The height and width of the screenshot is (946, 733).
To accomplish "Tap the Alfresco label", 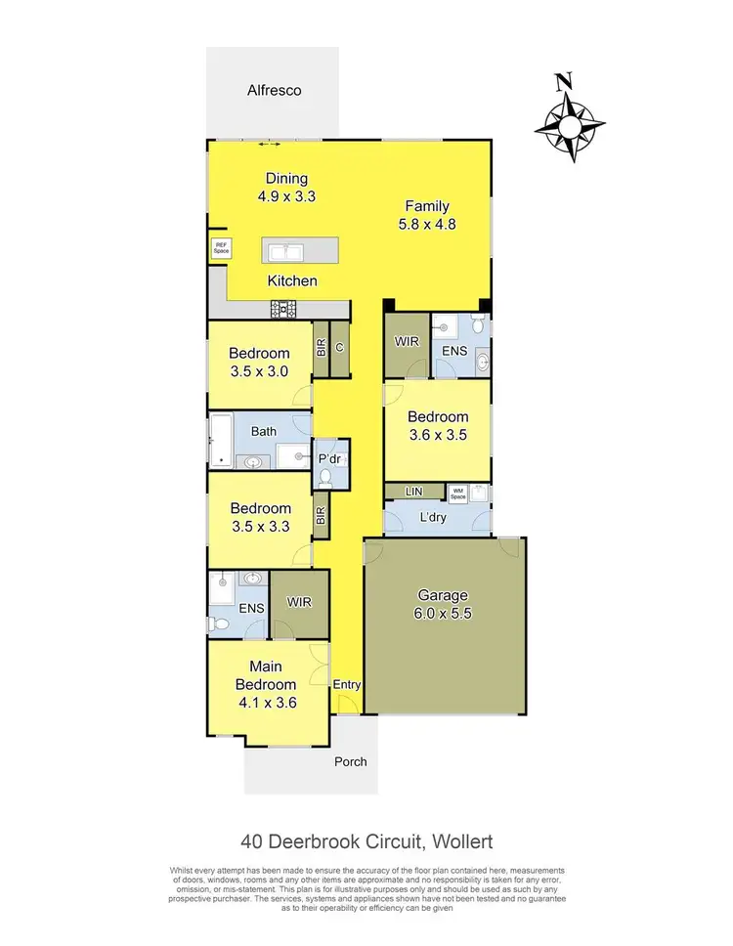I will click(x=274, y=90).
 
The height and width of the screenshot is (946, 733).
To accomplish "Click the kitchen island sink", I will click(x=290, y=251).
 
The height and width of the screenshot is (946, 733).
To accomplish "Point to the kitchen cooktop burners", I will click(x=283, y=310).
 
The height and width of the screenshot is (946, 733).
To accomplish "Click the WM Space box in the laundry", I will click(x=457, y=492).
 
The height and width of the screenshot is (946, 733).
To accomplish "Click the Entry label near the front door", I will click(x=347, y=685).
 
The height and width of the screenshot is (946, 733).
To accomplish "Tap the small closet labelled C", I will click(x=339, y=348).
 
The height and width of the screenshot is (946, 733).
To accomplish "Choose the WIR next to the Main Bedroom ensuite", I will click(x=297, y=602).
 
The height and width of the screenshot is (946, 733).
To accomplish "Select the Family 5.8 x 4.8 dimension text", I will click(x=428, y=223).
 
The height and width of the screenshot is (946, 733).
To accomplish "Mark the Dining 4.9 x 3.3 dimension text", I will click(x=286, y=195).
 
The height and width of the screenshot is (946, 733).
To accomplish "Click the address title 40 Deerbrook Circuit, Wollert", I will click(x=366, y=840).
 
